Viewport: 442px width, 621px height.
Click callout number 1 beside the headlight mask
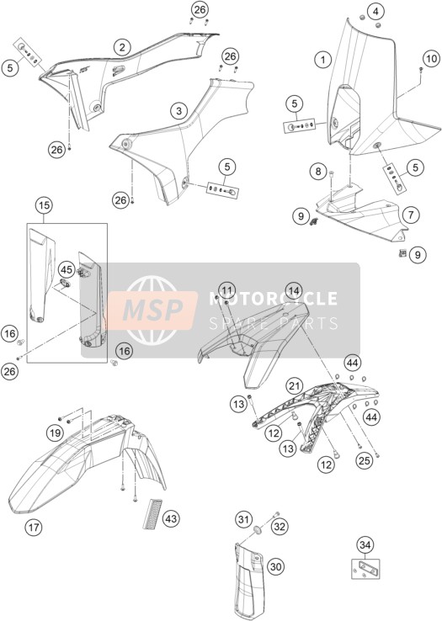[x=323, y=60]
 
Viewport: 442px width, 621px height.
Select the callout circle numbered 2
[x=122, y=47]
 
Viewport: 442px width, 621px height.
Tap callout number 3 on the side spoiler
[x=178, y=110]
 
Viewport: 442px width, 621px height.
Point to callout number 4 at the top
[x=375, y=12]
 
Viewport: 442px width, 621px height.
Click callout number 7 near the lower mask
[x=411, y=215]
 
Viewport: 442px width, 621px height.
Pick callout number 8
[x=318, y=172]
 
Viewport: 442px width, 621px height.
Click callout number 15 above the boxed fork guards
[x=45, y=205]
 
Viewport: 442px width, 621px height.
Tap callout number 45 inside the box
[x=67, y=270]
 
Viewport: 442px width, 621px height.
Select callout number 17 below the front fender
[x=34, y=527]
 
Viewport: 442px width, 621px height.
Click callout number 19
[x=55, y=433]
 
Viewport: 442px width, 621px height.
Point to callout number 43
[x=171, y=518]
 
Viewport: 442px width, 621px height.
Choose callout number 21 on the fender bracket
[x=294, y=385]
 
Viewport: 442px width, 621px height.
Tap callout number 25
[x=365, y=459]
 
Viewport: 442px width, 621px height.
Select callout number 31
[x=244, y=518]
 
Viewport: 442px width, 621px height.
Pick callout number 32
[x=280, y=527]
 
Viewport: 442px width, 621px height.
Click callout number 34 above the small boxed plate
[x=365, y=545]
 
